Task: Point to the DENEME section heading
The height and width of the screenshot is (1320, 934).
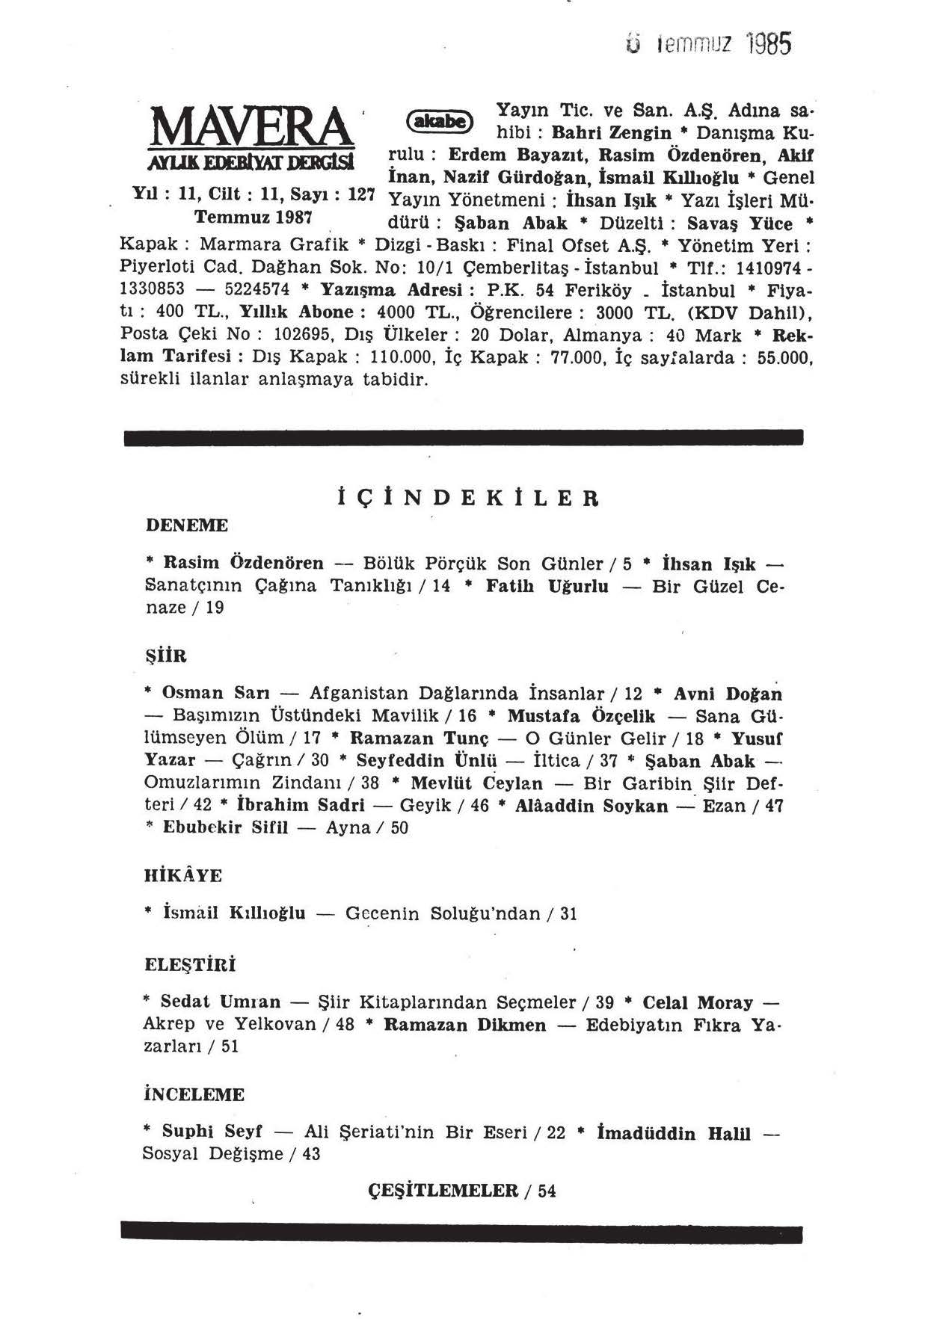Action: pyautogui.click(x=186, y=525)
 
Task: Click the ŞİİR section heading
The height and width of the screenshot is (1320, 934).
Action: pyautogui.click(x=165, y=656)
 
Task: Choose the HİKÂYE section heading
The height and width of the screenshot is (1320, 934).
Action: pyautogui.click(x=182, y=875)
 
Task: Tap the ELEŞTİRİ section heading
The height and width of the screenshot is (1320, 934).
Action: pyautogui.click(x=190, y=965)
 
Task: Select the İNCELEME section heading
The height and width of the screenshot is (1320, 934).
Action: pyautogui.click(x=194, y=1095)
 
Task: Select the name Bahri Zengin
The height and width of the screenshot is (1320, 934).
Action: pyautogui.click(x=611, y=134)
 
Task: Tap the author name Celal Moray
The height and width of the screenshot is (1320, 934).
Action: pyautogui.click(x=698, y=1002)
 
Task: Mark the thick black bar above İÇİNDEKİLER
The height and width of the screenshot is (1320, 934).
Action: pyautogui.click(x=464, y=438)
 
